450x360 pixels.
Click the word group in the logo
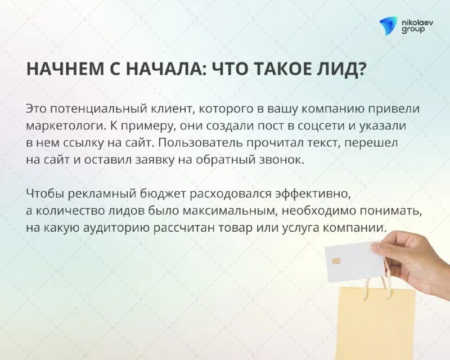pos(412,29)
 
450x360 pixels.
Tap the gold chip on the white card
pos(336,262)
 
